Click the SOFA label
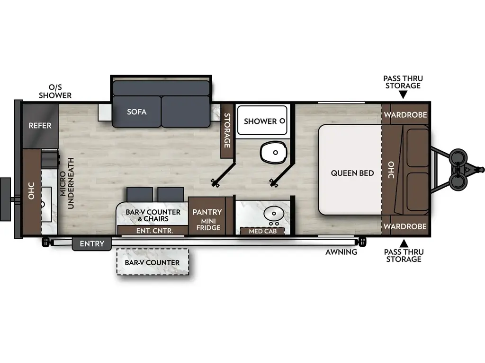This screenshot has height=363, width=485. point(136,112)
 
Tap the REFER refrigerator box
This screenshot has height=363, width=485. point(40,126)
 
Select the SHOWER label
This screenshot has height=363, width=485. point(260,121)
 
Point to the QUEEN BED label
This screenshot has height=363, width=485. point(352,173)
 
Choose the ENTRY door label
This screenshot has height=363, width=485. point(91,244)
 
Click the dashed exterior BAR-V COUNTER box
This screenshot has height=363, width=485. point(152,262)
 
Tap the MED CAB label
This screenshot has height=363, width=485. point(262,231)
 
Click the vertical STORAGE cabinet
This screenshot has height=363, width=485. point(227,130)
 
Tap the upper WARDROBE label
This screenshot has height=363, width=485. point(405,115)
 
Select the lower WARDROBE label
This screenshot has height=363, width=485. point(405,226)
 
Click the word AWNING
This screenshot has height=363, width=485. point(341,252)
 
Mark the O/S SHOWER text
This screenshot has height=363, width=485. point(56,92)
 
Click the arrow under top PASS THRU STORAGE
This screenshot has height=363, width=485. point(403,95)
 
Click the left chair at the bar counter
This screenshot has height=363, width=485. point(140,194)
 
